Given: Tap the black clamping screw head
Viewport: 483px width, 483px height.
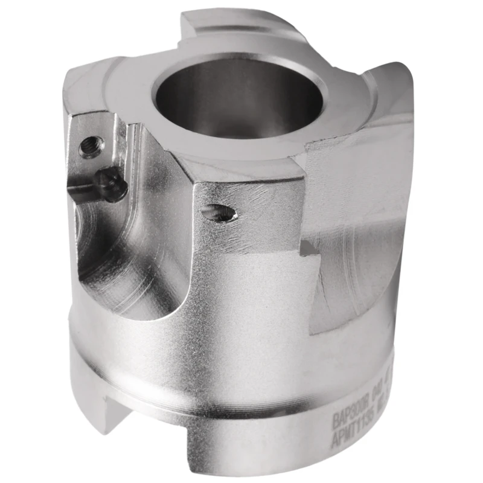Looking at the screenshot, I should pos(113,185).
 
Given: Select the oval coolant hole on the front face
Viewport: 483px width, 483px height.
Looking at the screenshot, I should pos(219,212).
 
